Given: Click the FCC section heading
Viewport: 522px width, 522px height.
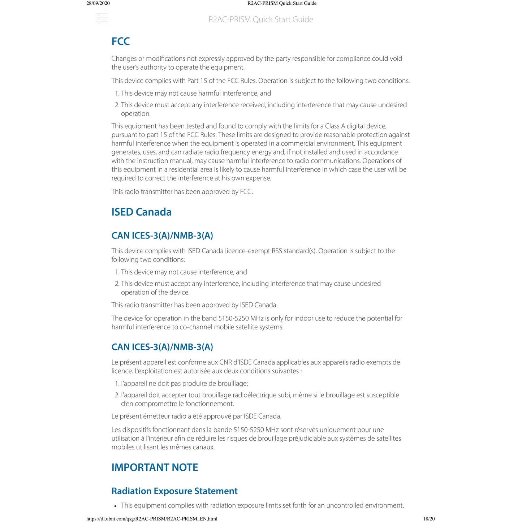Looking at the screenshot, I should [x=120, y=42].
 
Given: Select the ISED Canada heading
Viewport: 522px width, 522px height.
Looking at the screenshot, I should [x=141, y=212].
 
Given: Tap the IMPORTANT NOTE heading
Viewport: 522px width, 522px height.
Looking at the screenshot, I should [x=155, y=467].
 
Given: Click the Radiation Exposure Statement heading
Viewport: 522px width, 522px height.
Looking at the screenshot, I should [x=174, y=491].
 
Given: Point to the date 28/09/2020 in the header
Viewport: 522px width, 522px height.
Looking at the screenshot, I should [x=98, y=3].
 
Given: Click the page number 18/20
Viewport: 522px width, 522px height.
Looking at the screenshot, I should [x=429, y=519].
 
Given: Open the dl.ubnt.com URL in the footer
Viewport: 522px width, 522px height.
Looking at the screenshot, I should [x=152, y=519].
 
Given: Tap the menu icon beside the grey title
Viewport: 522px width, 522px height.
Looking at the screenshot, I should [x=102, y=19].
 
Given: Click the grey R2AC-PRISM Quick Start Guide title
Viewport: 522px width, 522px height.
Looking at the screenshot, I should [x=260, y=20].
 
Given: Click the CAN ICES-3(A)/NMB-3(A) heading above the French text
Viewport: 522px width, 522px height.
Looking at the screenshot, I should [x=162, y=347].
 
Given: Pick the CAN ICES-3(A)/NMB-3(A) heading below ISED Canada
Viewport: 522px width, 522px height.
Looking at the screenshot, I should [x=162, y=236].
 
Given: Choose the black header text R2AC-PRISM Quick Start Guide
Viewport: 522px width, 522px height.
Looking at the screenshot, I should [x=282, y=3].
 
